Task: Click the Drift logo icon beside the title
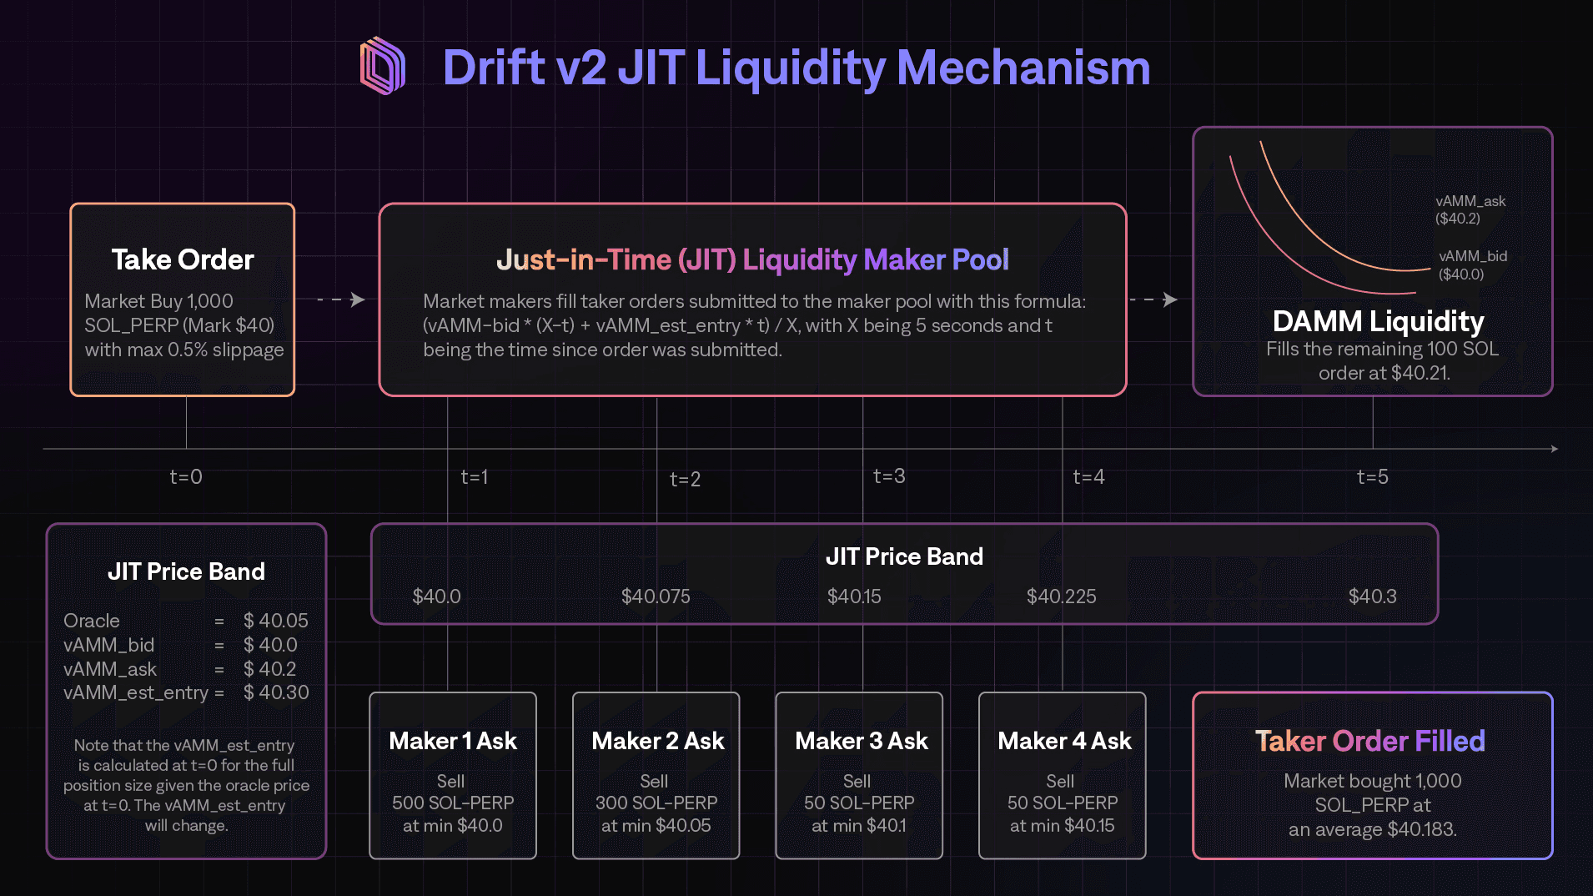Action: [383, 65]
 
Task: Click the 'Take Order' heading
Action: [183, 259]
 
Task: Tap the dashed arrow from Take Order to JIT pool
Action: [341, 300]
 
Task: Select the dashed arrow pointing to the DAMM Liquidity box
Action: [1154, 300]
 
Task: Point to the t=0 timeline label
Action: [186, 476]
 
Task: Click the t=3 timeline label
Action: [889, 476]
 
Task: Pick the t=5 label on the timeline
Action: [1373, 476]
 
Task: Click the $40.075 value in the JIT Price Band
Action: [656, 596]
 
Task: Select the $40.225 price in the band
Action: [1061, 596]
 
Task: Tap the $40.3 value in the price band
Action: [1372, 596]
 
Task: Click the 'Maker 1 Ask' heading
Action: [453, 741]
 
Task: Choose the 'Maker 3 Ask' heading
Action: [862, 741]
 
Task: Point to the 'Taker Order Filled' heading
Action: [1370, 741]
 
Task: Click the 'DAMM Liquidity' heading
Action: [1379, 321]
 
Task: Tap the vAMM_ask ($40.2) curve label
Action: [1470, 209]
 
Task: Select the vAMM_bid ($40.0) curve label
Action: [1473, 264]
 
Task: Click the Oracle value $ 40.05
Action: [276, 621]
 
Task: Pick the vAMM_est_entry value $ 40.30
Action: [276, 692]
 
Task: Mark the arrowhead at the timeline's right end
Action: [1555, 449]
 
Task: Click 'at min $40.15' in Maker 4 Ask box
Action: [1062, 825]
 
